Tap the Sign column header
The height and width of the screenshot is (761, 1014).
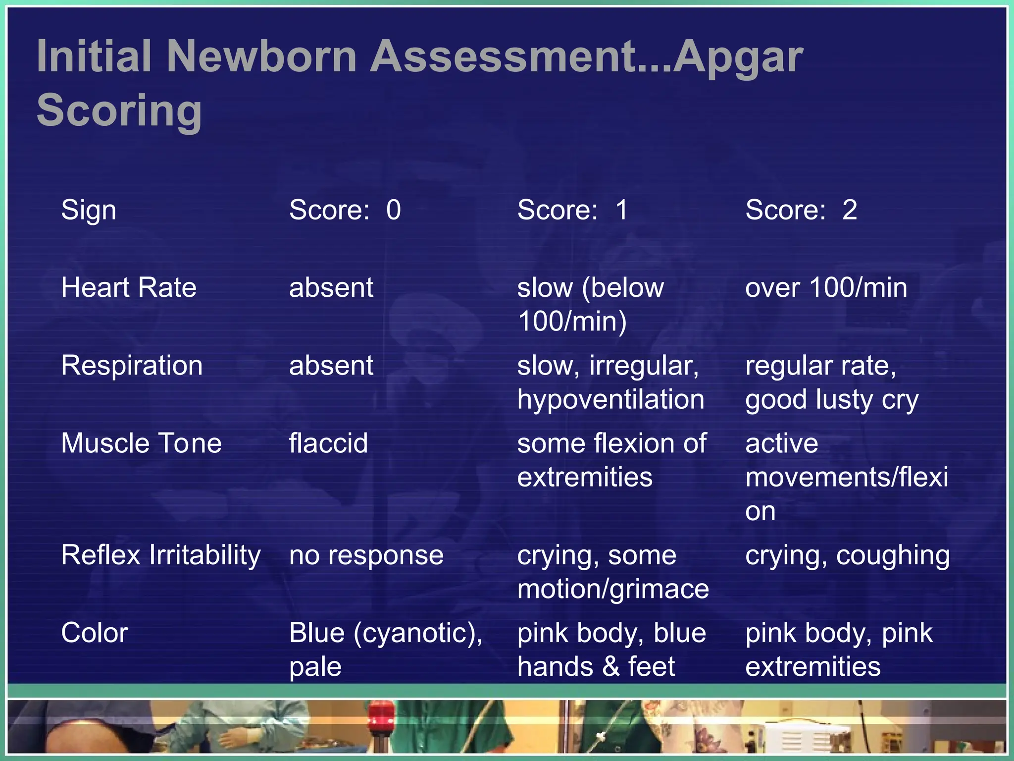tap(89, 210)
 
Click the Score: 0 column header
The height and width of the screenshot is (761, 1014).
tap(345, 210)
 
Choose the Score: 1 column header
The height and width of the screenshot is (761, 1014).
tap(572, 210)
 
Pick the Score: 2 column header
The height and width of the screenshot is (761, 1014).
tap(801, 210)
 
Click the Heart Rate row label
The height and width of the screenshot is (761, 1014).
tap(129, 288)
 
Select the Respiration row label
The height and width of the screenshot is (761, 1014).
tap(132, 366)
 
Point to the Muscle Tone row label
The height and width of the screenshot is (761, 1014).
tap(141, 443)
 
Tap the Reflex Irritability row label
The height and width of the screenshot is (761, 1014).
tap(160, 555)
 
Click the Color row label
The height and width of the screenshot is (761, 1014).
tap(95, 633)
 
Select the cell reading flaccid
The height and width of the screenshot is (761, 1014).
tap(328, 443)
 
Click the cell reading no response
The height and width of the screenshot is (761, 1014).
tap(366, 555)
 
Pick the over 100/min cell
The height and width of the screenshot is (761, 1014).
tap(826, 288)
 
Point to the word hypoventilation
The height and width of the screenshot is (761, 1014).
tap(610, 399)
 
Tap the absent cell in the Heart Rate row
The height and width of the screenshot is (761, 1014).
tap(331, 288)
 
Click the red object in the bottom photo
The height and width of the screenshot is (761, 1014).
tap(380, 714)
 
